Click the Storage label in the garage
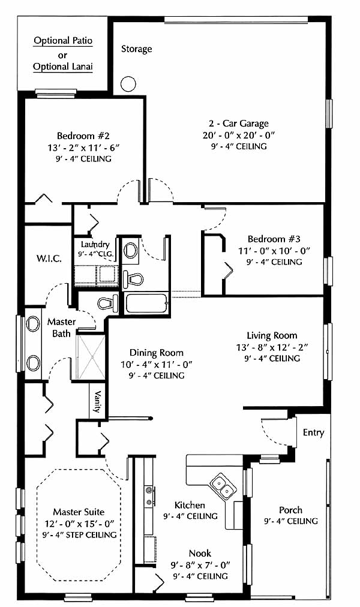click(136, 49)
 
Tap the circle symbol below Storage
click(128, 83)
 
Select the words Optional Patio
click(63, 41)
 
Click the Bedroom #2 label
click(83, 136)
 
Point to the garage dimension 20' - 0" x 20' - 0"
click(238, 136)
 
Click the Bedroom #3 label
click(274, 239)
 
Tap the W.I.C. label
click(49, 258)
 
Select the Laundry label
click(95, 245)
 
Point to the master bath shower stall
click(91, 357)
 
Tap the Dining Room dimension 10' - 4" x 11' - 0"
click(157, 364)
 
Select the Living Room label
click(272, 336)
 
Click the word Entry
click(314, 432)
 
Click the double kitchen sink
click(222, 486)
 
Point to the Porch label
click(291, 510)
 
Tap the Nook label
click(200, 553)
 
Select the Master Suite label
click(79, 512)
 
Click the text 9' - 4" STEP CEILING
click(79, 535)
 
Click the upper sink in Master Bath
click(33, 324)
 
